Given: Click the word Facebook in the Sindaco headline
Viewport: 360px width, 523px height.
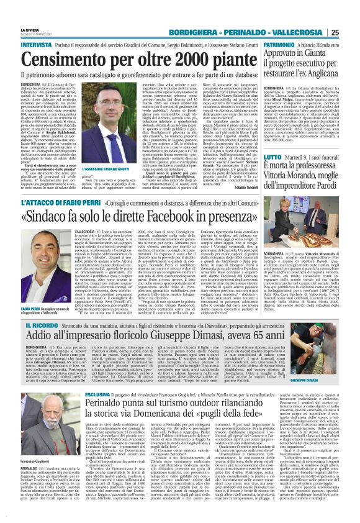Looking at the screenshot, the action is pyautogui.click(x=189, y=217).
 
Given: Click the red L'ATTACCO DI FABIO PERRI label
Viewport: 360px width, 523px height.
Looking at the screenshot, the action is pyautogui.click(x=66, y=202).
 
